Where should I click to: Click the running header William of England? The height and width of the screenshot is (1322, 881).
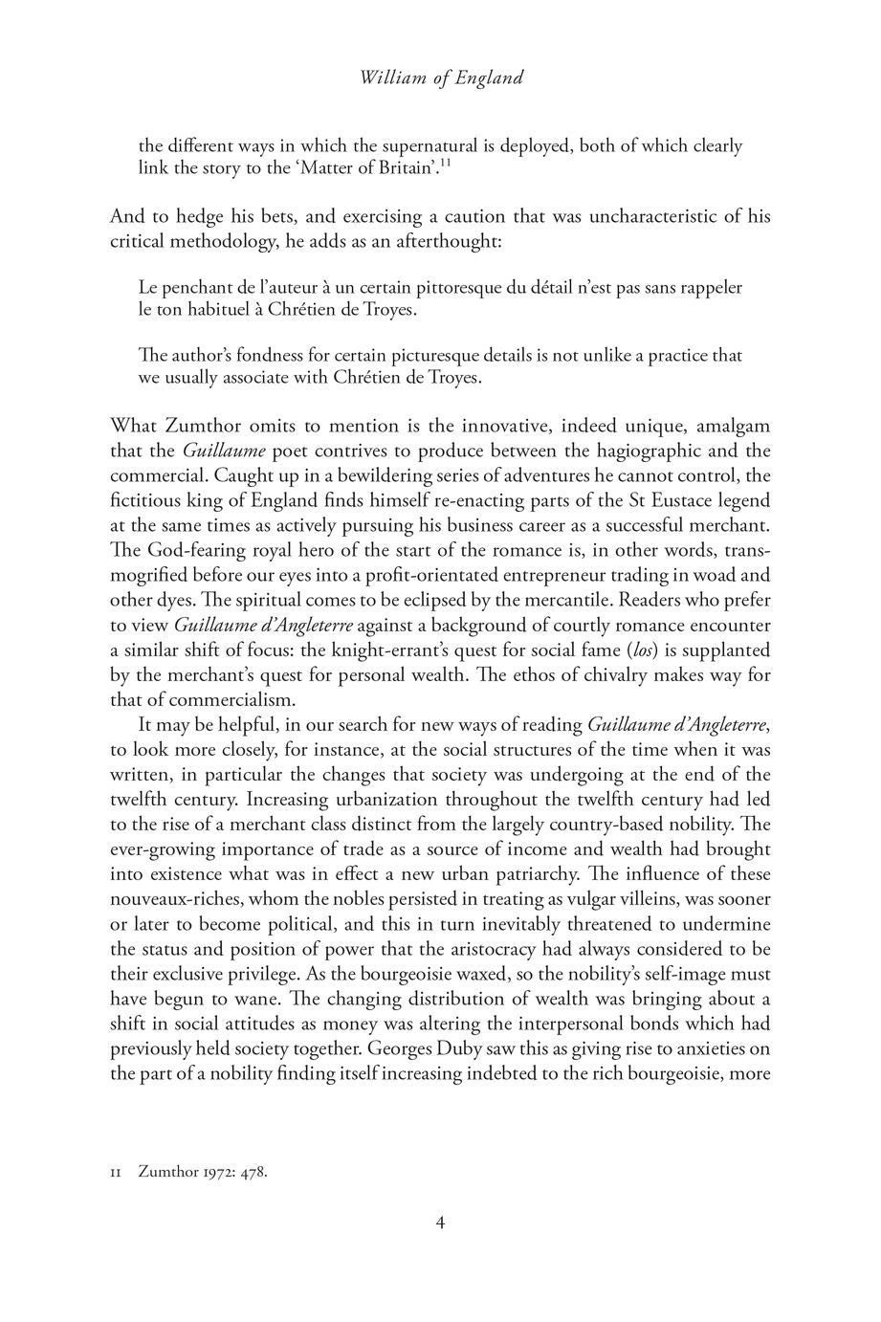pos(441,78)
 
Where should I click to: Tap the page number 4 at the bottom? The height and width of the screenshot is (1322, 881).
pos(441,1222)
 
